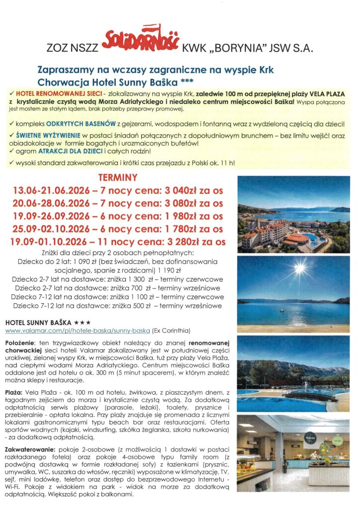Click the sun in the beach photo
(x=299, y=269)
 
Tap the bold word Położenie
(x=20, y=343)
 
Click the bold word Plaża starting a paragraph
(x=14, y=392)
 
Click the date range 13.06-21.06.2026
(x=53, y=190)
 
